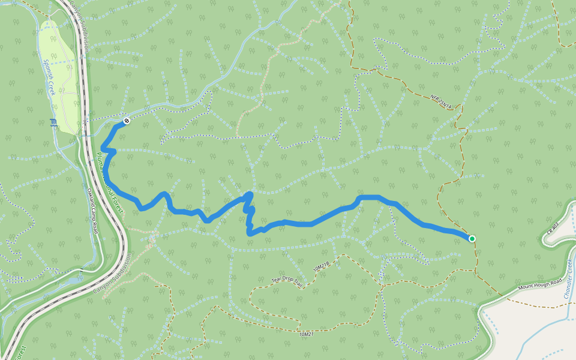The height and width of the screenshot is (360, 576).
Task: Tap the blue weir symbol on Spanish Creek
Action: [54, 124]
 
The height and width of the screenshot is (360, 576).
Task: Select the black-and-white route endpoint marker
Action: [127, 121]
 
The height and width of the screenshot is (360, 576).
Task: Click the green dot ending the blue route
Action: [472, 239]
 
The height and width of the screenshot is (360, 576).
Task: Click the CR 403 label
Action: [553, 228]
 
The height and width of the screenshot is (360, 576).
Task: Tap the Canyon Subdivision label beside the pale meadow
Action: [80, 27]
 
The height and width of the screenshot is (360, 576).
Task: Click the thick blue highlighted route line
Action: [312, 223]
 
